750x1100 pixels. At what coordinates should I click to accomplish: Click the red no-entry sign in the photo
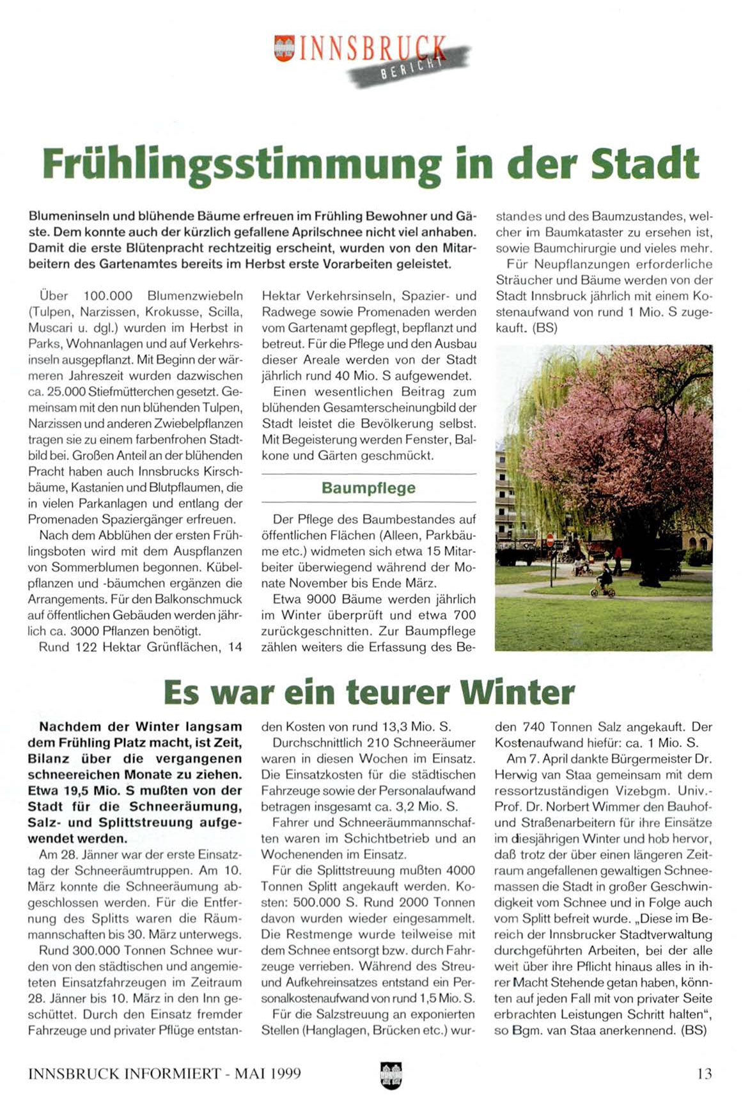click(550, 540)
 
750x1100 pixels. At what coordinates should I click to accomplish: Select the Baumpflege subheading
click(368, 488)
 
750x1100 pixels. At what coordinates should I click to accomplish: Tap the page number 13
click(704, 1073)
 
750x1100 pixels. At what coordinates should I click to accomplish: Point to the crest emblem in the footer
click(390, 1074)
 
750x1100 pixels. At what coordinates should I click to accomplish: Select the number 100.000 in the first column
click(108, 296)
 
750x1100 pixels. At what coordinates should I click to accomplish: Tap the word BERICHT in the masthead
click(412, 68)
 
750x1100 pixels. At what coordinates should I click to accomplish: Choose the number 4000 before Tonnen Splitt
click(460, 871)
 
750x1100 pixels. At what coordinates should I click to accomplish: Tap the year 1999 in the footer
click(285, 1073)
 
